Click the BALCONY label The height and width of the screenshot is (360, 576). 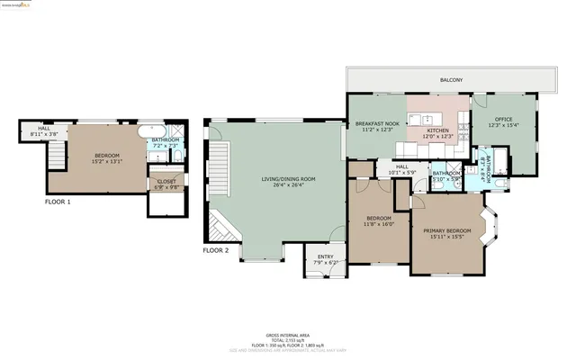tap(451, 81)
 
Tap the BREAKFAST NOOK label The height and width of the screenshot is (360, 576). tap(376, 123)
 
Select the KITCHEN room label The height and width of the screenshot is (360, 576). tap(437, 131)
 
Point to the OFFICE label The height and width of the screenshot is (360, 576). tap(501, 123)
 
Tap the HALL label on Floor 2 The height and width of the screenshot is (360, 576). tap(402, 166)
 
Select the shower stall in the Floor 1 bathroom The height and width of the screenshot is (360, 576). tap(177, 155)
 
